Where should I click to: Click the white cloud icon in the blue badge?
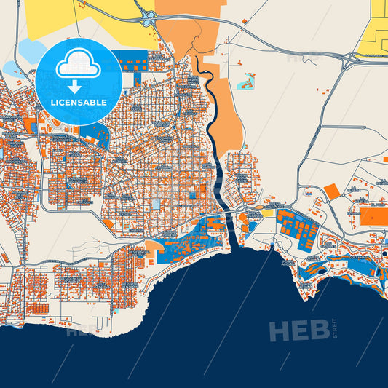tap(79, 64)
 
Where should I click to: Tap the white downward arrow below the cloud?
tap(79, 87)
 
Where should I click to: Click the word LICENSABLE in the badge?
tap(79, 103)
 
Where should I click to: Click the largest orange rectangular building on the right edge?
tap(375, 216)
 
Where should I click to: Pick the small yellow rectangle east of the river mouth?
tap(269, 213)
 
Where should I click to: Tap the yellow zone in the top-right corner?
tap(379, 29)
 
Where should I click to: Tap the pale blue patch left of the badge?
tap(29, 51)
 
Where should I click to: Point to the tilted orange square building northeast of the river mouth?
tap(331, 191)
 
